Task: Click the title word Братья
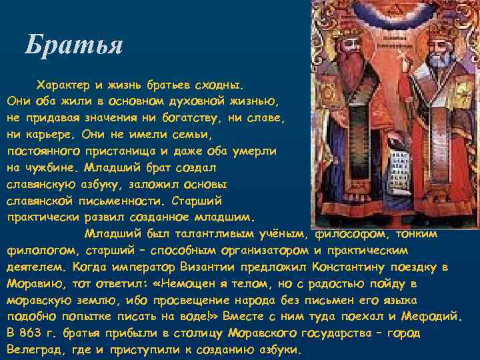pos(73,45)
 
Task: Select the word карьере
pos(55,133)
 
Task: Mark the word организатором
pos(254,250)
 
